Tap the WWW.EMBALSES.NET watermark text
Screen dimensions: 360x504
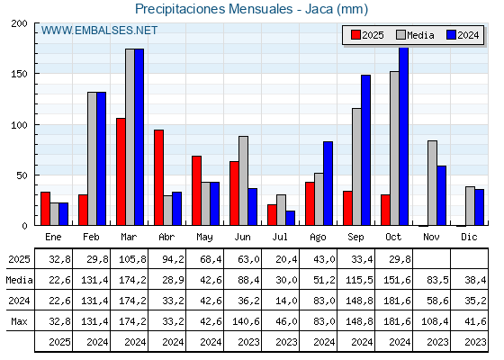pos(99,31)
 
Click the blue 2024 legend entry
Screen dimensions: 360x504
pos(462,35)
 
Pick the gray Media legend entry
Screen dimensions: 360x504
pos(414,35)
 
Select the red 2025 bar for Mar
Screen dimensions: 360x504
pos(121,172)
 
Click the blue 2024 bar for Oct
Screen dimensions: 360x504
pos(403,137)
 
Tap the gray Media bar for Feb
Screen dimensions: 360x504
pos(92,158)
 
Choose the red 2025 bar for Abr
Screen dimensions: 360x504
pos(158,178)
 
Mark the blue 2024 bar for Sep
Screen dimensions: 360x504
pos(365,150)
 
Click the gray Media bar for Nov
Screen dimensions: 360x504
pos(432,183)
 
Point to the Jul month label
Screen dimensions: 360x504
pos(280,237)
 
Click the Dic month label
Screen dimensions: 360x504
pos(469,237)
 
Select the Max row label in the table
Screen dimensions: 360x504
pos(19,321)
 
